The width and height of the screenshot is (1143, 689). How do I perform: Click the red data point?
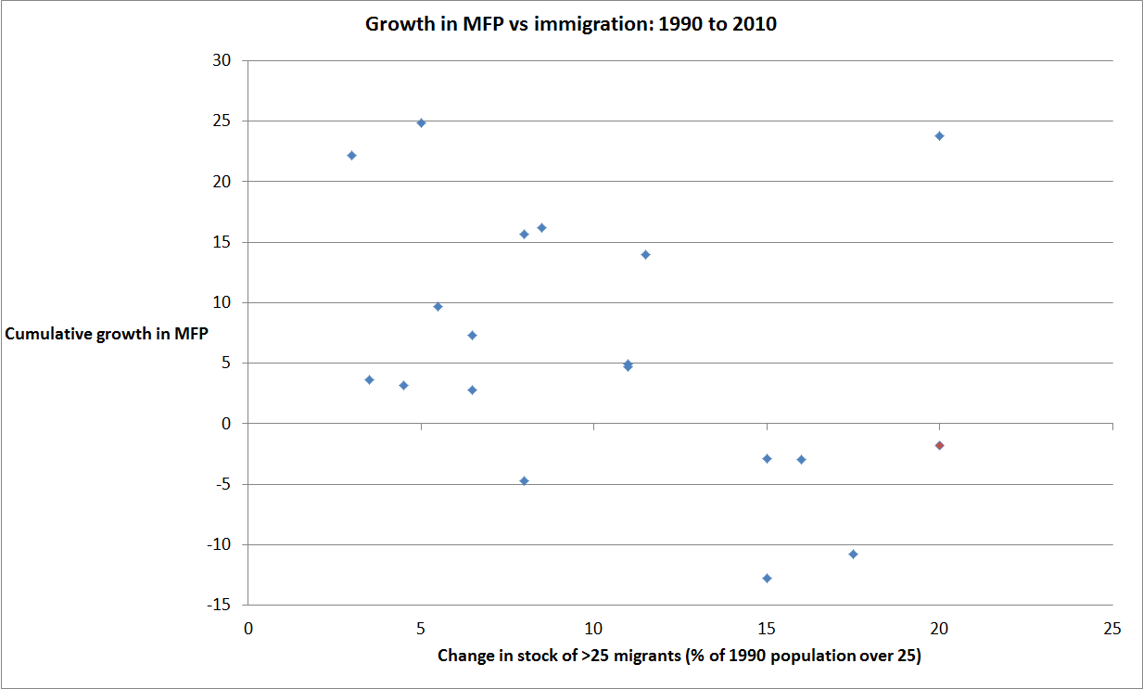click(939, 445)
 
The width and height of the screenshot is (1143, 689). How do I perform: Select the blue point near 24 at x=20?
click(939, 135)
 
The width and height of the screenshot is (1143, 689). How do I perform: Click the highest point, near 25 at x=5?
click(421, 122)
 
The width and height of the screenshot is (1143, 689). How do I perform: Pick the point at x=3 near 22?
click(351, 155)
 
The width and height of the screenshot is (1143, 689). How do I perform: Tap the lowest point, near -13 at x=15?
click(767, 578)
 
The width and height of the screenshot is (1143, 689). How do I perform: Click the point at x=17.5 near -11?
click(853, 554)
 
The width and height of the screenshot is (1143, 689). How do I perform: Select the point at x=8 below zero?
click(524, 480)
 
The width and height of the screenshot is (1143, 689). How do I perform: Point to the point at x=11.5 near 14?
click(645, 254)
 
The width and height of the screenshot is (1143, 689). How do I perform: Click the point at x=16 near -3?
click(801, 459)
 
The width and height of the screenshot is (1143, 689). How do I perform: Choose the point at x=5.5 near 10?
click(438, 306)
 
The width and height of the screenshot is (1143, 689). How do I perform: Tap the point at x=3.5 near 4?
click(369, 379)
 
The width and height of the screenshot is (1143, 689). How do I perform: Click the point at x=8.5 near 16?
click(541, 227)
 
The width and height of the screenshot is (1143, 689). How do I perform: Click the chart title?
click(570, 25)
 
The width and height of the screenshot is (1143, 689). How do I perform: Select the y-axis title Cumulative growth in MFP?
click(107, 334)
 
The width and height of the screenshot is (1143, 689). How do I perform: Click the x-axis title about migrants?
click(679, 657)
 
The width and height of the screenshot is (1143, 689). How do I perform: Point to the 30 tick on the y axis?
click(222, 61)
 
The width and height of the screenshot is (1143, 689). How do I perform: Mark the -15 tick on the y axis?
click(220, 606)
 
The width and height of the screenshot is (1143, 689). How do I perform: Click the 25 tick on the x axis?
click(1111, 627)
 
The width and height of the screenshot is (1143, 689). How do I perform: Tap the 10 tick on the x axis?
click(593, 627)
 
